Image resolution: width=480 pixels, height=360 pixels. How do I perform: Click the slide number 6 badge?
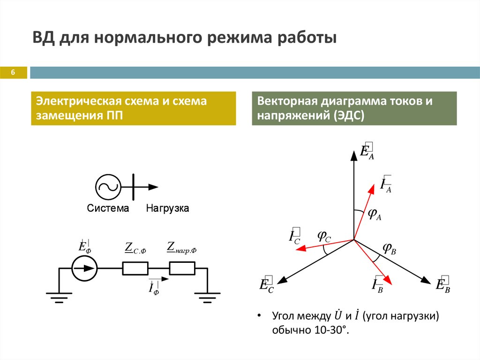click(13, 73)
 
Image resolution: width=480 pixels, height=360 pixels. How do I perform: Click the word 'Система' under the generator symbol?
click(108, 208)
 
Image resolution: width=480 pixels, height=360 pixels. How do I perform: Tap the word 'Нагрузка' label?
click(167, 208)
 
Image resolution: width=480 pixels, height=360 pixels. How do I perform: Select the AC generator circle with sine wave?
click(108, 187)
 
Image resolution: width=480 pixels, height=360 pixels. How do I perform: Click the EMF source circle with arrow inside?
click(85, 269)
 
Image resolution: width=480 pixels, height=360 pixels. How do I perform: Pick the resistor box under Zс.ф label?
click(135, 268)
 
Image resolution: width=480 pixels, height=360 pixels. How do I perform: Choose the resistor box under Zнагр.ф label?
click(182, 268)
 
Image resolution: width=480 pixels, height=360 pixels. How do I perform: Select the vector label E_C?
click(266, 285)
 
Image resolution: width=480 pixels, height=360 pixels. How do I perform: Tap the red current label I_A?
click(386, 184)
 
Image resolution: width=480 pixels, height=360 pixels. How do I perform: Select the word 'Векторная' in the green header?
click(286, 101)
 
